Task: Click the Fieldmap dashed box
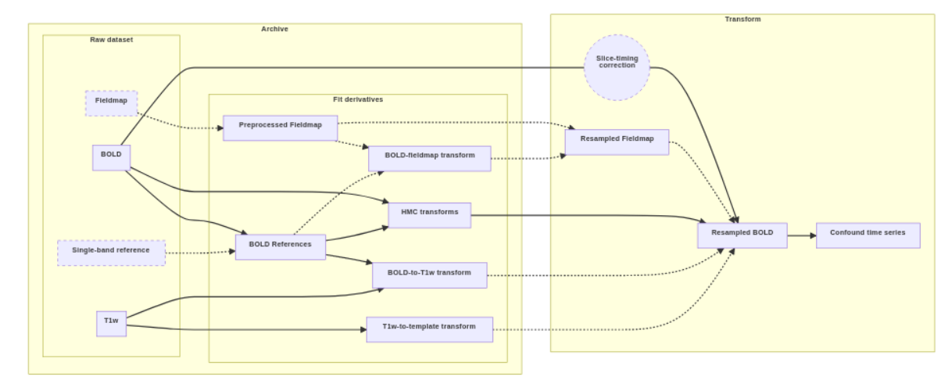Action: (111, 102)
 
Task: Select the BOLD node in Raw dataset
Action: (111, 156)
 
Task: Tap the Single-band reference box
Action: (111, 252)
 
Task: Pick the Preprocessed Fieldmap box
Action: (280, 127)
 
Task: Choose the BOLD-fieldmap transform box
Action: (429, 157)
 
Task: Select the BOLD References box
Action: (280, 246)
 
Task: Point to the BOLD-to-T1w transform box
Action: (429, 275)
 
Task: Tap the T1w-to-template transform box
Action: (429, 328)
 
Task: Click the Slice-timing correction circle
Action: (616, 66)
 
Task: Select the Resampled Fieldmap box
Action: (616, 142)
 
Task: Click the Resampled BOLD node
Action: (742, 235)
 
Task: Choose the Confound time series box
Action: (868, 235)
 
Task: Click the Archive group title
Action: (274, 29)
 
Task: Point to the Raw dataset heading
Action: (111, 40)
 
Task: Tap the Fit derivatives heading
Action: (357, 100)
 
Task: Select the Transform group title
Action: (742, 19)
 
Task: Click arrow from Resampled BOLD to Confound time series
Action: (801, 235)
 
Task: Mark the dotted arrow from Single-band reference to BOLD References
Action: (200, 253)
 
